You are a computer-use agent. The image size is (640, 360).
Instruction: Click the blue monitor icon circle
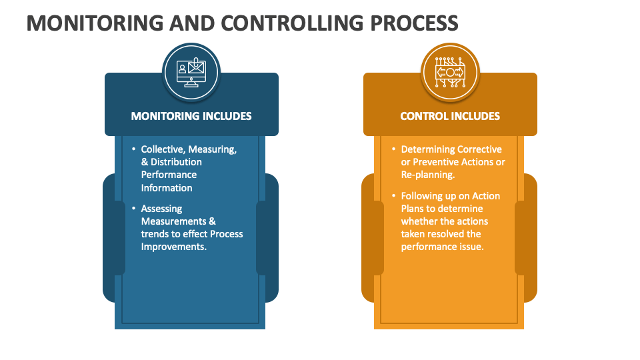click(x=191, y=71)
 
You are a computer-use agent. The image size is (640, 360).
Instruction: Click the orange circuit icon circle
click(x=450, y=71)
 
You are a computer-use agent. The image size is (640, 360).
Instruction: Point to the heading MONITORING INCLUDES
click(x=191, y=116)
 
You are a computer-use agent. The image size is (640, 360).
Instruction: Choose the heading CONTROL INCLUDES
click(x=450, y=116)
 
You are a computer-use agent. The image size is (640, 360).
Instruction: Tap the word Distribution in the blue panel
click(x=176, y=162)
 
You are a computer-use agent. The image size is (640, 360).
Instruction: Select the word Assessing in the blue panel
click(x=161, y=209)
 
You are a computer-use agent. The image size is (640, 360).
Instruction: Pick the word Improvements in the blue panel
click(x=173, y=247)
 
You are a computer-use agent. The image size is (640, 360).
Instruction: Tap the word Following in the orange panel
click(x=421, y=196)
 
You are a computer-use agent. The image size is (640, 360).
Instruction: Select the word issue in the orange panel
click(x=471, y=247)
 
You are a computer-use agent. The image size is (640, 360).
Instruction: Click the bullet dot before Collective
click(x=133, y=149)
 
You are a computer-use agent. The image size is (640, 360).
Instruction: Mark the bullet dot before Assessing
click(x=133, y=209)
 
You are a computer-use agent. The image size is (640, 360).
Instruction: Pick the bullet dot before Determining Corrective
click(x=393, y=149)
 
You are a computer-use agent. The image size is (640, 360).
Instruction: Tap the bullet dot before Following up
click(x=393, y=196)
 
